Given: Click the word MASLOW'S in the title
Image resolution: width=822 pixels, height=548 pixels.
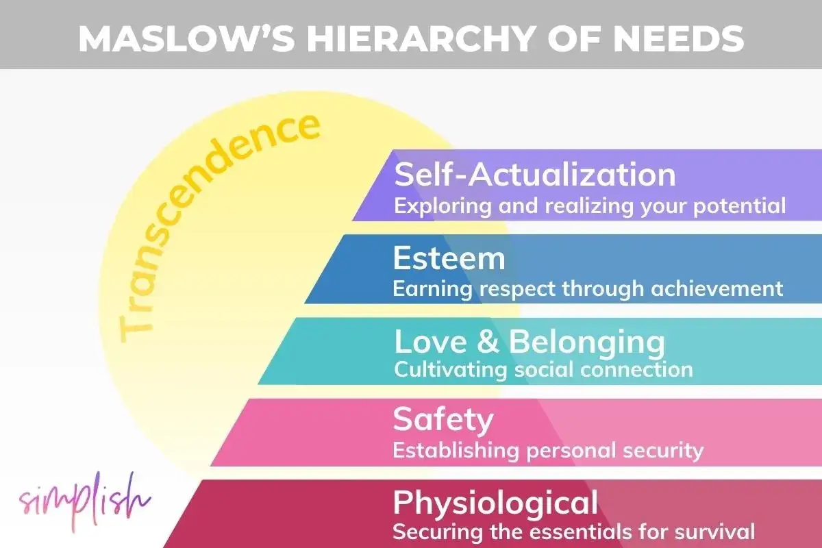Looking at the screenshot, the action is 187,38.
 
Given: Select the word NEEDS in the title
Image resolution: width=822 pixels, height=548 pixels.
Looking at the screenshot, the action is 679,38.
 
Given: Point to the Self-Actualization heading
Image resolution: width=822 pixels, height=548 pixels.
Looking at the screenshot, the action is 535,175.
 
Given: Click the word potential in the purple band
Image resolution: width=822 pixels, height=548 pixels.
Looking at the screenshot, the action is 739,207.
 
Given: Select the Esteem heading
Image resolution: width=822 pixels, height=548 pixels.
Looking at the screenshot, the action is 449,258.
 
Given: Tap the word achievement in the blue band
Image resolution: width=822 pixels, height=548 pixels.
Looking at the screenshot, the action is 717,288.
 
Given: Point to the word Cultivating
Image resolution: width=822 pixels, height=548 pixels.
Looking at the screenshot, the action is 450,369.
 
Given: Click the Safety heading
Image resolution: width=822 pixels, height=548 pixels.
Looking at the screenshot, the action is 443,421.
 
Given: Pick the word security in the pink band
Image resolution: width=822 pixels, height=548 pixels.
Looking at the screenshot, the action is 663,451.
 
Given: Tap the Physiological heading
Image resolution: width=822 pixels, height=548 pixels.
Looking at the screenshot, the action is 495,503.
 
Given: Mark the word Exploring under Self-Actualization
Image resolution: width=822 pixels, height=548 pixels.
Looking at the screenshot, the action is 443,207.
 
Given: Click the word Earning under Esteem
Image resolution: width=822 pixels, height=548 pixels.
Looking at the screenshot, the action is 433,289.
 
